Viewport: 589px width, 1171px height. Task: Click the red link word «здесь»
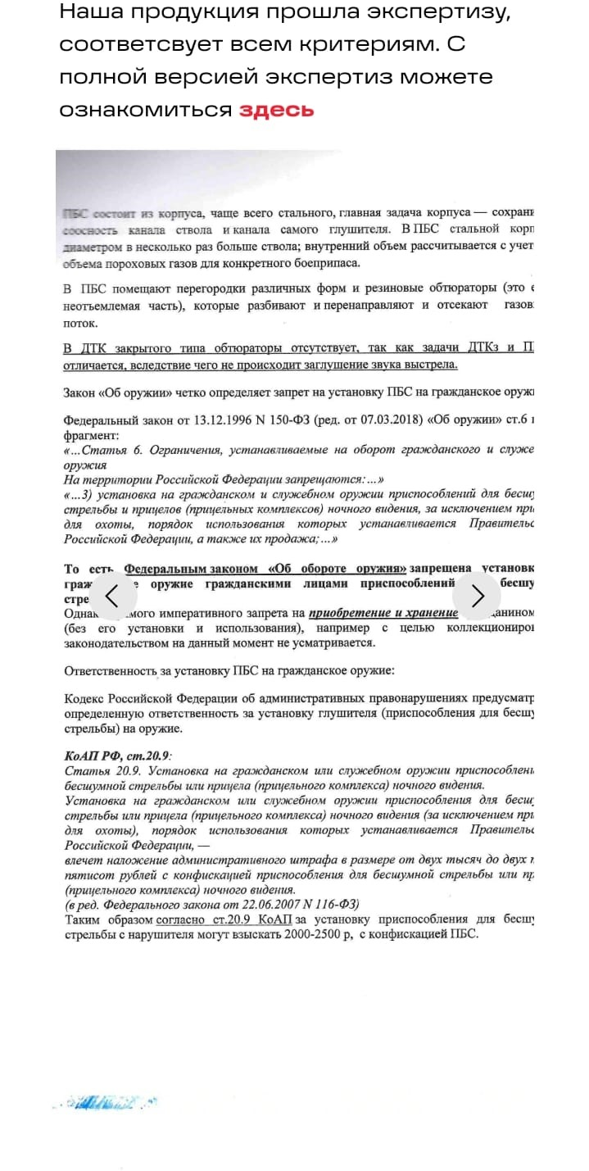(x=276, y=110)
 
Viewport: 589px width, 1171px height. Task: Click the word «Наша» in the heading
(x=91, y=12)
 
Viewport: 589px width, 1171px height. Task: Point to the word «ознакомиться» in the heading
(x=145, y=110)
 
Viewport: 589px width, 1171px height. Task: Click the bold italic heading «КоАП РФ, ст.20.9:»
(x=118, y=756)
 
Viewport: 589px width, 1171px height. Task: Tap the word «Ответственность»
(x=110, y=671)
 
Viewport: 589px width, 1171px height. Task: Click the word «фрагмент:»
(x=90, y=435)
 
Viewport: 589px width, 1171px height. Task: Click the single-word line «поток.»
(x=79, y=323)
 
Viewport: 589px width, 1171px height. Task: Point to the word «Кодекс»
(x=85, y=699)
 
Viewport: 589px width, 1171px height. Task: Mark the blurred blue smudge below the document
(x=106, y=1103)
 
